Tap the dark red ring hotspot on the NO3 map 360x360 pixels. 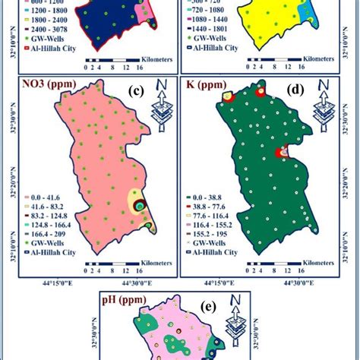point(139,205)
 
